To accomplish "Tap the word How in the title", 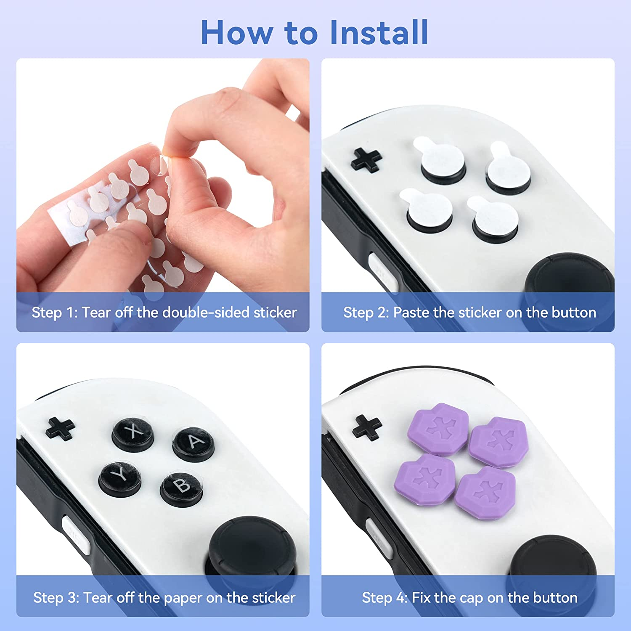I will (x=236, y=33).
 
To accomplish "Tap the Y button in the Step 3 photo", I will (x=120, y=477).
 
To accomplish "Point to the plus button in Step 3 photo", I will (x=61, y=428).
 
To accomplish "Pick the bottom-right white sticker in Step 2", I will (x=494, y=219).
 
